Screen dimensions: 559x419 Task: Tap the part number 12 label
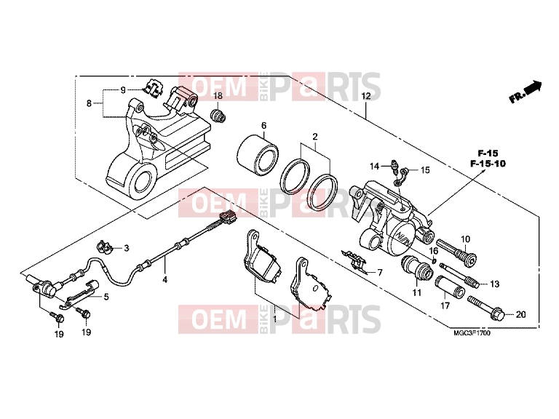366,96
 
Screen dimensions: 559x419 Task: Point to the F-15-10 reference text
488,164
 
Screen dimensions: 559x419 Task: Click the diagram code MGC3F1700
472,333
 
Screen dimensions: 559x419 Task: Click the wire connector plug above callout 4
228,217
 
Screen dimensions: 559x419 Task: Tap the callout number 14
374,167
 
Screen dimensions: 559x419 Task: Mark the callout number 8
89,103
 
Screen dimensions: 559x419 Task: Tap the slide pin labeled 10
456,252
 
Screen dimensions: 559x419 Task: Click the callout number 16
433,251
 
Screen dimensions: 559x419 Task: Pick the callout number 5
106,297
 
